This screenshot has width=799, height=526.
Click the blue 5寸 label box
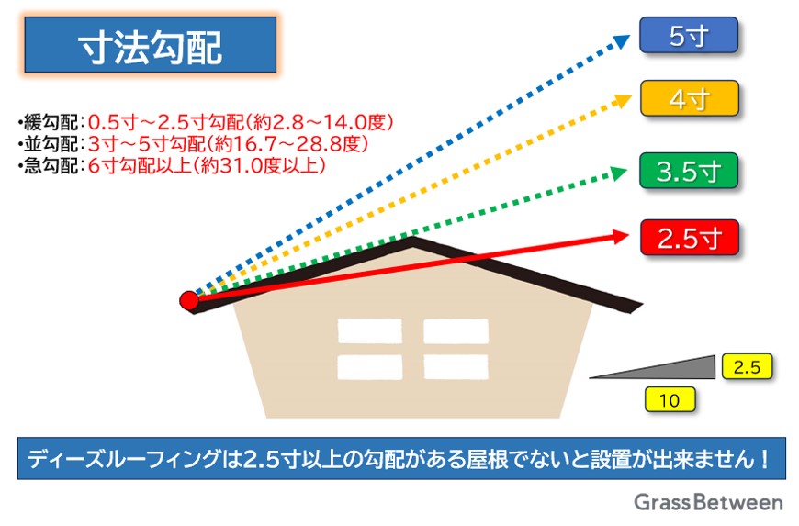pyautogui.click(x=689, y=35)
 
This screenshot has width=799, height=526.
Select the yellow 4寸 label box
pyautogui.click(x=690, y=98)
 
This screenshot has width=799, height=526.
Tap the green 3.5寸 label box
pyautogui.click(x=689, y=171)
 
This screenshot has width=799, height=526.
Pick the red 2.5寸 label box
pyautogui.click(x=690, y=237)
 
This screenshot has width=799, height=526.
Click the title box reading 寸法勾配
pyautogui.click(x=151, y=45)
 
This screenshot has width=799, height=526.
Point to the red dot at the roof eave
pyautogui.click(x=189, y=300)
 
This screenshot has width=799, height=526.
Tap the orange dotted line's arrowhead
pyautogui.click(x=624, y=100)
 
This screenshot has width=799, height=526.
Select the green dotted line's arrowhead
pyautogui.click(x=619, y=173)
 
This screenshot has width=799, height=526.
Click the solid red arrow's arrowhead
pyautogui.click(x=621, y=236)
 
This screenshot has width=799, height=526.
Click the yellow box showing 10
pyautogui.click(x=670, y=399)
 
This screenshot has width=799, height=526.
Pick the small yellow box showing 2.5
pyautogui.click(x=747, y=366)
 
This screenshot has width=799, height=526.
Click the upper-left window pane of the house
pyautogui.click(x=369, y=331)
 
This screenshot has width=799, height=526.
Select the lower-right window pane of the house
pyautogui.click(x=456, y=367)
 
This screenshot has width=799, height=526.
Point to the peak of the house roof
pyautogui.click(x=411, y=239)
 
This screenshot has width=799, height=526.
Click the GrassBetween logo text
pyautogui.click(x=708, y=502)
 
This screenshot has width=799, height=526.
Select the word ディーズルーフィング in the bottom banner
pyautogui.click(x=124, y=459)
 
